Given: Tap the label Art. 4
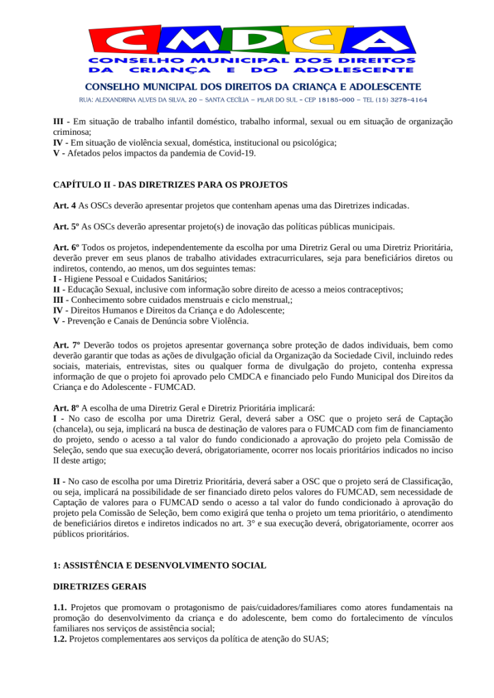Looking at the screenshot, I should pyautogui.click(x=66, y=205).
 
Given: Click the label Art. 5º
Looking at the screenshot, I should pyautogui.click(x=66, y=226).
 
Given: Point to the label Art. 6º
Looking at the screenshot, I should pyautogui.click(x=66, y=247).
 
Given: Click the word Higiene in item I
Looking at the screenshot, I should pyautogui.click(x=79, y=279).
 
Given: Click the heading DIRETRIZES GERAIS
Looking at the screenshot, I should pyautogui.click(x=99, y=586).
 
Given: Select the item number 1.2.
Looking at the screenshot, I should pyautogui.click(x=60, y=639).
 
